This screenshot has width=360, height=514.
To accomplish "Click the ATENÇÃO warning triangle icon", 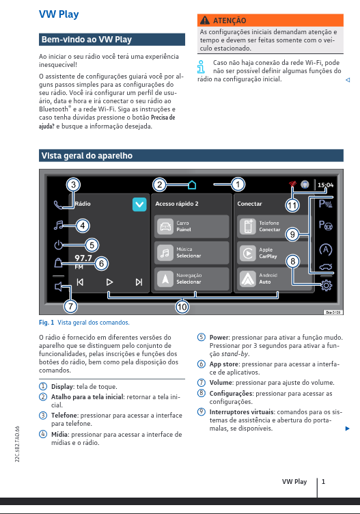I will tap(204, 21).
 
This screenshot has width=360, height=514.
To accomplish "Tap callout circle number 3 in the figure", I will tap(73, 184).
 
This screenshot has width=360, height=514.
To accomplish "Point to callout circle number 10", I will tap(182, 307).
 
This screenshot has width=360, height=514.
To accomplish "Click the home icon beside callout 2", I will tap(192, 184).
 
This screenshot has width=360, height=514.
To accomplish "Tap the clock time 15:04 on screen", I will tap(325, 185).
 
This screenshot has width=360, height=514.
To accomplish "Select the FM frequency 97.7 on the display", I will tap(83, 258).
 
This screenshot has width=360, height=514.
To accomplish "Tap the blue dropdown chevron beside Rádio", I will tap(139, 204).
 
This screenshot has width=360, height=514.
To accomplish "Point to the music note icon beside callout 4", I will tap(59, 225).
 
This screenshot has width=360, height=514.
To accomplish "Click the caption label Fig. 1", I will tap(46, 322).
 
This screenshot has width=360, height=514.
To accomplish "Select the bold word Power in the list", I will tap(219, 338).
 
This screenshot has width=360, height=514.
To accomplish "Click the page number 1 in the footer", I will tap(323, 482).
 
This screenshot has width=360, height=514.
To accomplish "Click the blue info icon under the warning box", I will tap(201, 66).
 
